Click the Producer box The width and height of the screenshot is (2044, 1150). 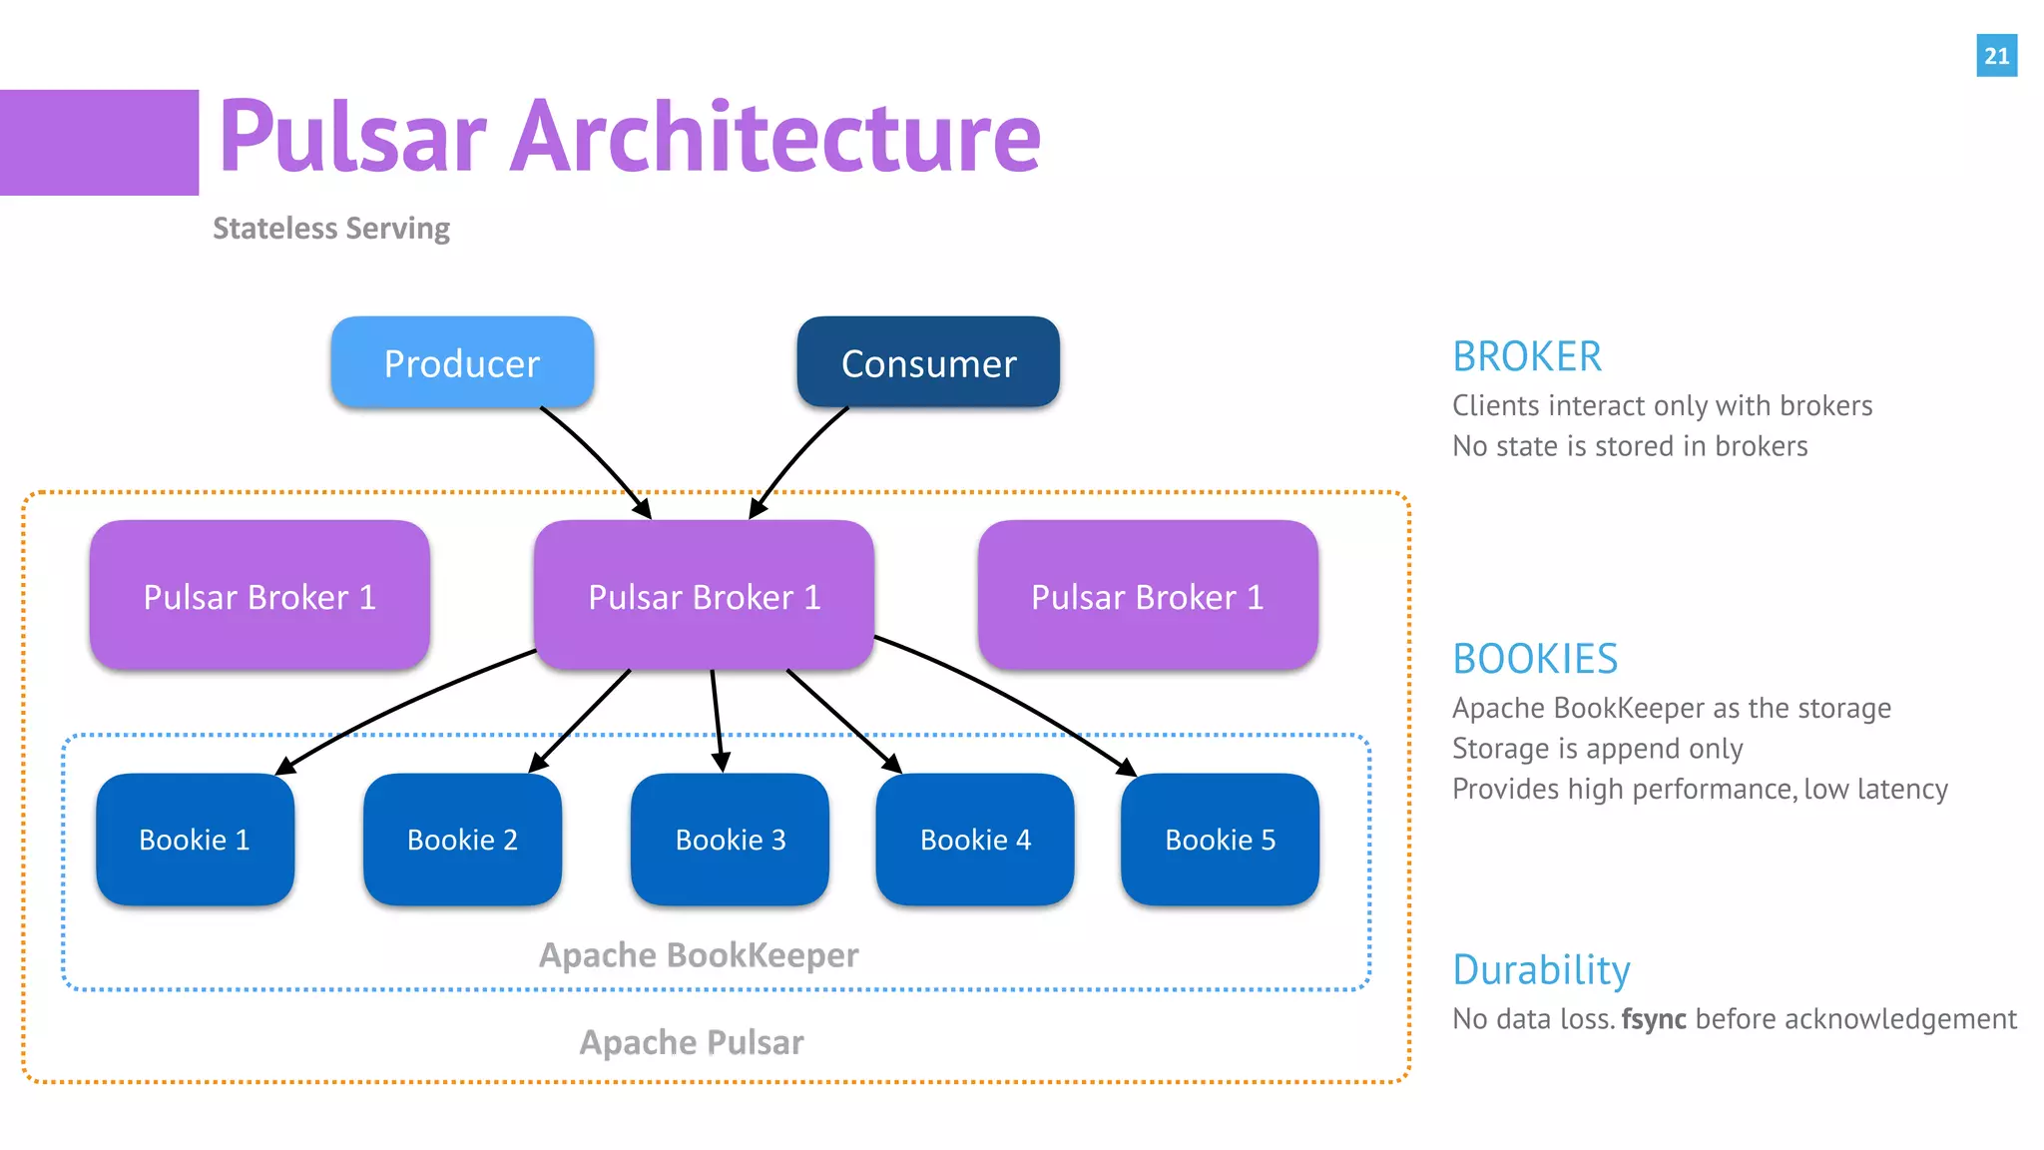click(462, 362)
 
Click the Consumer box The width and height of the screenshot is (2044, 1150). click(928, 362)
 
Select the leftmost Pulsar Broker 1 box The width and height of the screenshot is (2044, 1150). click(259, 596)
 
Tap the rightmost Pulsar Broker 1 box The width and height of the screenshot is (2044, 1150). click(1148, 596)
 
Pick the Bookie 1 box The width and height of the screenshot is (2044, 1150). click(195, 840)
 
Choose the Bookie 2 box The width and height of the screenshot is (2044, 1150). click(462, 840)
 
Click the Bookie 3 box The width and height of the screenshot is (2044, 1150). click(730, 840)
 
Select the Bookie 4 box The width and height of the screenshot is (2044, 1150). click(975, 840)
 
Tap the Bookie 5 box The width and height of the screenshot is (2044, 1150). click(1220, 840)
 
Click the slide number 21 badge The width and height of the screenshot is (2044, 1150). click(1996, 56)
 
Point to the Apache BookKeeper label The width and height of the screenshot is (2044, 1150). click(699, 955)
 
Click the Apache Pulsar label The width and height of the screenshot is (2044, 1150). click(692, 1042)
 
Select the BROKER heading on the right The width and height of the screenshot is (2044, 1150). click(1527, 356)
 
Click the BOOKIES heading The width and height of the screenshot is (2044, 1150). click(1535, 659)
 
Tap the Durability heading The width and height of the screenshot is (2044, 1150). click(1541, 970)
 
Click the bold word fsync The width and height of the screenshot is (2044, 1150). click(1654, 1019)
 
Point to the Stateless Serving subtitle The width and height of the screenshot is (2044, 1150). click(331, 229)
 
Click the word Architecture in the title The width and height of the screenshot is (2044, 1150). click(775, 137)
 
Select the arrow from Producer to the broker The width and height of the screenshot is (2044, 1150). click(597, 457)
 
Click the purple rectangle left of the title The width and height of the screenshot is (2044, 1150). click(99, 143)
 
